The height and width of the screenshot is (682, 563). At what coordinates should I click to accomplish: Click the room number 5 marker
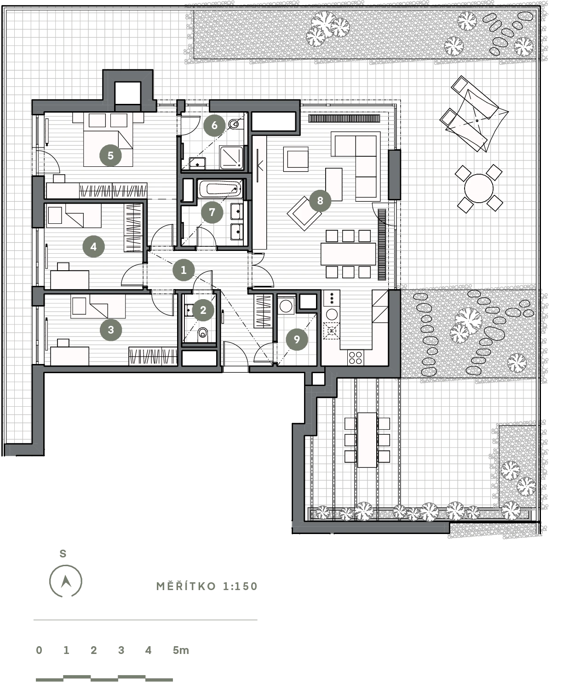[110, 155]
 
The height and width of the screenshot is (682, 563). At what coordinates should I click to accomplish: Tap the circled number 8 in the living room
[320, 200]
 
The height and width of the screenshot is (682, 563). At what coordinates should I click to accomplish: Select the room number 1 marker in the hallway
[184, 270]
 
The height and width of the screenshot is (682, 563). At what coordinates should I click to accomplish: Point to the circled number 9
[297, 339]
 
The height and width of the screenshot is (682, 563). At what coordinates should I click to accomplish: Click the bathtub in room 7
[220, 189]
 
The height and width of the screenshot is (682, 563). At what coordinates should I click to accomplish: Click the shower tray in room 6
[231, 158]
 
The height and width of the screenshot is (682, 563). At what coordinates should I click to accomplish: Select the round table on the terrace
[479, 188]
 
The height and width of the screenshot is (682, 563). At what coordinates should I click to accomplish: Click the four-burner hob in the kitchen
[356, 357]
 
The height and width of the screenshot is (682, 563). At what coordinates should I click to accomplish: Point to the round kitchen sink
[332, 314]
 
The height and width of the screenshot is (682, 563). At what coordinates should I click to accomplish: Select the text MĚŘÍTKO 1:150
[207, 586]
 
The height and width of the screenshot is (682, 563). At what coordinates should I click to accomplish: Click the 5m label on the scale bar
[181, 650]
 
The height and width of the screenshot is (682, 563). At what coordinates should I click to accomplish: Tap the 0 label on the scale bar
[39, 650]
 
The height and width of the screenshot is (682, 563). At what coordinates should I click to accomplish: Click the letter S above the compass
[63, 554]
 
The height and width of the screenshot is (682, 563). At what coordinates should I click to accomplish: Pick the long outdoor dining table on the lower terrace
[367, 440]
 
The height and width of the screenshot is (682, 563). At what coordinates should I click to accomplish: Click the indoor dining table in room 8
[348, 254]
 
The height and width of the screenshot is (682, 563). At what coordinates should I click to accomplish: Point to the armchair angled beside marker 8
[304, 214]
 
